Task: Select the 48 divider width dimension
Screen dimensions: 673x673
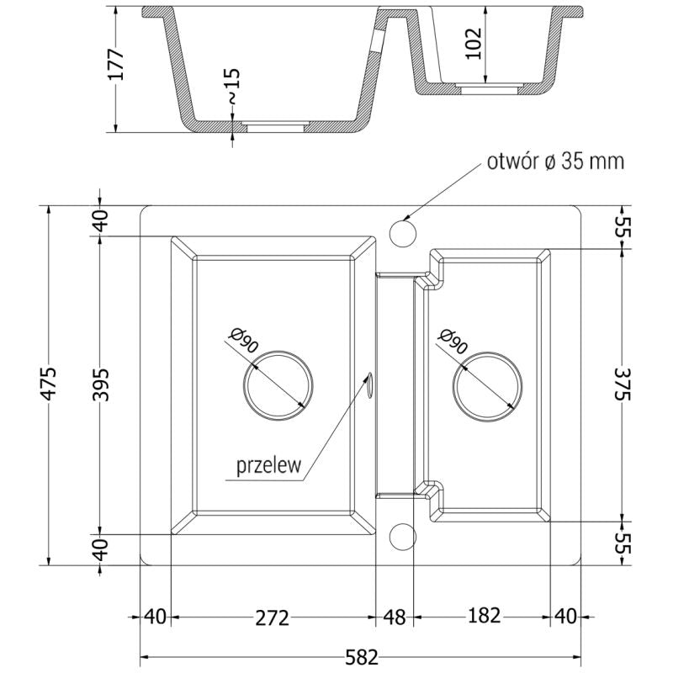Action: tap(394, 618)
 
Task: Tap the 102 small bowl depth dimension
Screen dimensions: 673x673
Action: tap(473, 42)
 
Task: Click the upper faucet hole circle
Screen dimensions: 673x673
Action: tap(403, 230)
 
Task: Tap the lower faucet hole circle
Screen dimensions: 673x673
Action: tap(403, 536)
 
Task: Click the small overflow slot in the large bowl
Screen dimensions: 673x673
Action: tap(369, 383)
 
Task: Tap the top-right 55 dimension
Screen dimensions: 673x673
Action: tap(623, 227)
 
